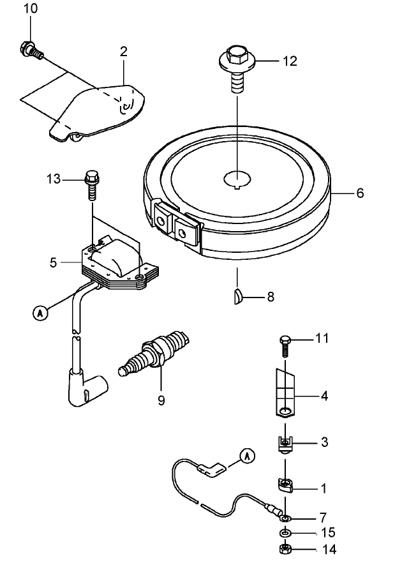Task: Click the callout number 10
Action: (x=30, y=8)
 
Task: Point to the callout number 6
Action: (x=360, y=193)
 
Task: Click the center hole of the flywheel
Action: (x=237, y=180)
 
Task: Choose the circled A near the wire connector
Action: (x=247, y=455)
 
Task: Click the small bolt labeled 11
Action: (x=285, y=345)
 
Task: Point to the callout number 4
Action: (x=324, y=396)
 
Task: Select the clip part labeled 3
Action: (x=285, y=442)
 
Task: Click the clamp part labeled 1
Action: (x=287, y=487)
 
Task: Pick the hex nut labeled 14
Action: (x=285, y=549)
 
